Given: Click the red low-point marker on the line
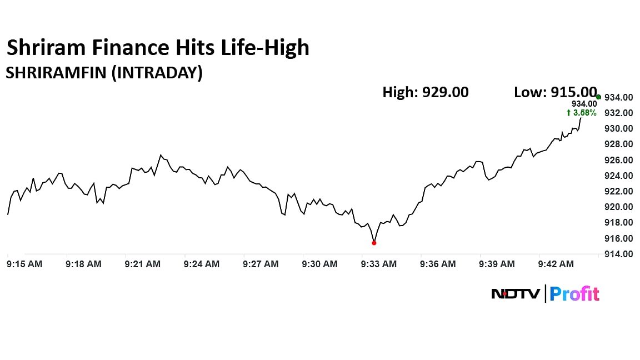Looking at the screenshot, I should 374,243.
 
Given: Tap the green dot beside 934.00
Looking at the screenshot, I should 598,97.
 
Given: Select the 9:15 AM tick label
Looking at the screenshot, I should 24,264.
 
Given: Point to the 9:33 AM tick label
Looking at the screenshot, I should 379,264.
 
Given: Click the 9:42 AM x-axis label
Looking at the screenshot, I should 556,264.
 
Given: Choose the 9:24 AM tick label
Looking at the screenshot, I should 202,264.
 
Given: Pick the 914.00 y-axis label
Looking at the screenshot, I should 618,254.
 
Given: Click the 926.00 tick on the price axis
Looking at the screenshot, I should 618,160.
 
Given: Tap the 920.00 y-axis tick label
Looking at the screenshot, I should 618,207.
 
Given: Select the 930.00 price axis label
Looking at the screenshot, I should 618,129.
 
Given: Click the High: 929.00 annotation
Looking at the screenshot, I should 426,92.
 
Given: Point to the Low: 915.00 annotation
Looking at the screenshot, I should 555,92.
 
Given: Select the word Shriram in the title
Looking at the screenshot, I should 44,48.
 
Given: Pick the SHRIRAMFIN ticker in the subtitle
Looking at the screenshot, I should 56,73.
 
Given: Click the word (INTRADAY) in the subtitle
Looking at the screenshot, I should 157,73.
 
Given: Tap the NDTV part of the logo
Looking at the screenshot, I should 515,293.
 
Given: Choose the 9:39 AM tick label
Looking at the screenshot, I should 497,264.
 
